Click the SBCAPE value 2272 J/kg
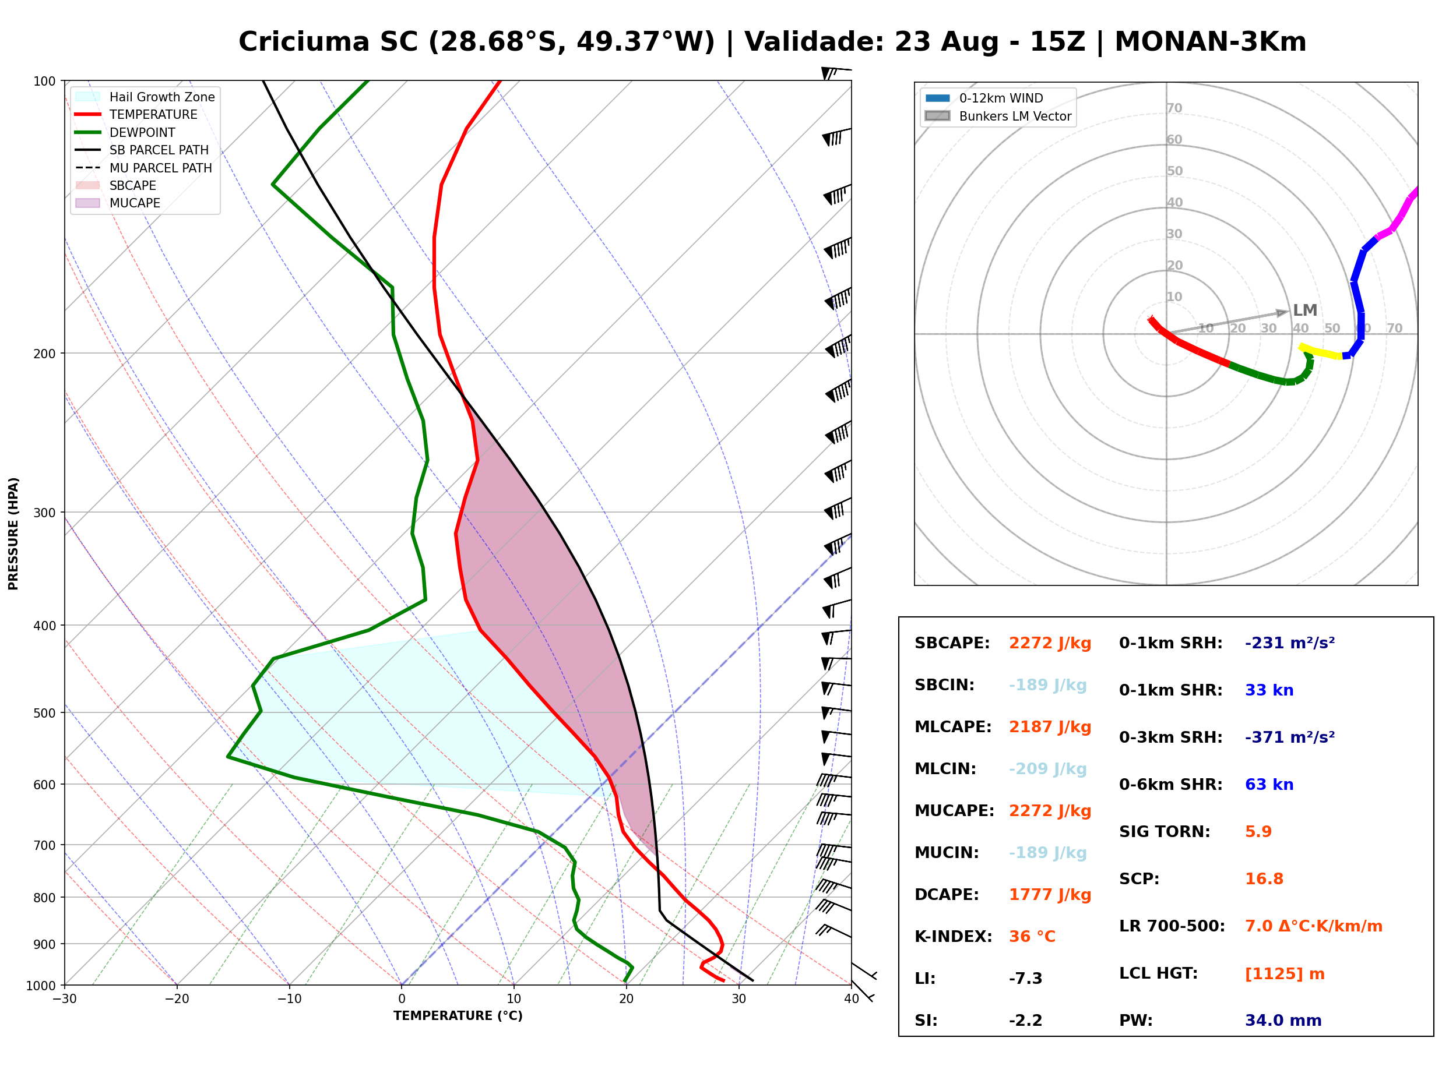point(1050,643)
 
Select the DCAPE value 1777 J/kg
point(1050,895)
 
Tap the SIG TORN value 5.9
point(1258,832)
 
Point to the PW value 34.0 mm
point(1283,1021)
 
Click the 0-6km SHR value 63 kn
point(1269,785)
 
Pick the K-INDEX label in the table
point(954,937)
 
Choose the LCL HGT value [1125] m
point(1285,974)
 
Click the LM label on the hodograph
point(1304,310)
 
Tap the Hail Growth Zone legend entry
point(145,97)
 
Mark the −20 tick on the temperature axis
point(177,1000)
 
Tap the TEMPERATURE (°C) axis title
point(458,1016)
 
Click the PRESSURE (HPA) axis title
point(13,534)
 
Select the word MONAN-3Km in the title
point(1210,42)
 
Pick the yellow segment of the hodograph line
point(1321,352)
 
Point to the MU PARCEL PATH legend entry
point(143,168)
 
